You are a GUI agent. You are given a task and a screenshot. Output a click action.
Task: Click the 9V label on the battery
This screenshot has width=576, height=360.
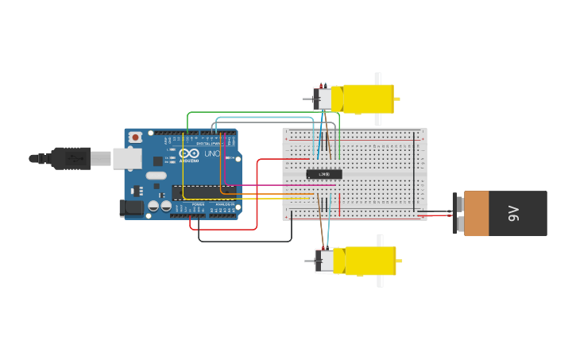pyautogui.click(x=513, y=213)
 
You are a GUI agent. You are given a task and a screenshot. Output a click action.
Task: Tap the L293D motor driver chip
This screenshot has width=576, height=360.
pyautogui.click(x=324, y=174)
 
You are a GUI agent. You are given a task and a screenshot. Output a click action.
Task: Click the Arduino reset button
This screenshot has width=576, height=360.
pyautogui.click(x=135, y=137)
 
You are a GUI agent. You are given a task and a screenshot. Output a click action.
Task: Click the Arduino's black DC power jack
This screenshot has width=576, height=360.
pyautogui.click(x=131, y=208)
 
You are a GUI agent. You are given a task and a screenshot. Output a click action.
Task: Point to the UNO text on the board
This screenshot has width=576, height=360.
pyautogui.click(x=212, y=153)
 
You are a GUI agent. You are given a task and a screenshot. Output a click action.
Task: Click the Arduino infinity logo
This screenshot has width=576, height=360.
pyautogui.click(x=189, y=153)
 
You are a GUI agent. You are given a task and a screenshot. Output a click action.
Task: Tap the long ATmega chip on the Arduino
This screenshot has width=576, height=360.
pyautogui.click(x=203, y=193)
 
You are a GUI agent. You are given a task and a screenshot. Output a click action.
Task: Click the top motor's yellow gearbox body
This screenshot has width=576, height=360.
pyautogui.click(x=368, y=99)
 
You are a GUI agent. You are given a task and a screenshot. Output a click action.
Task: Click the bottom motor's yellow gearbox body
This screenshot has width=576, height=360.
pyautogui.click(x=370, y=261)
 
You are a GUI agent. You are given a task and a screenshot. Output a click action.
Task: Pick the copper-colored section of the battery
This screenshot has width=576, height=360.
pyautogui.click(x=477, y=213)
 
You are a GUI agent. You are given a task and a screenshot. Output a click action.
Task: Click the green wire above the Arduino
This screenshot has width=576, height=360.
pyautogui.click(x=262, y=113)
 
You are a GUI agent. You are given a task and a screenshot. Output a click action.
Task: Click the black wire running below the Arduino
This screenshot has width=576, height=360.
pyautogui.click(x=246, y=241)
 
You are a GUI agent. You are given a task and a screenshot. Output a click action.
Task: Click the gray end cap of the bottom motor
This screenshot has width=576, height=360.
pyautogui.click(x=326, y=261)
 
